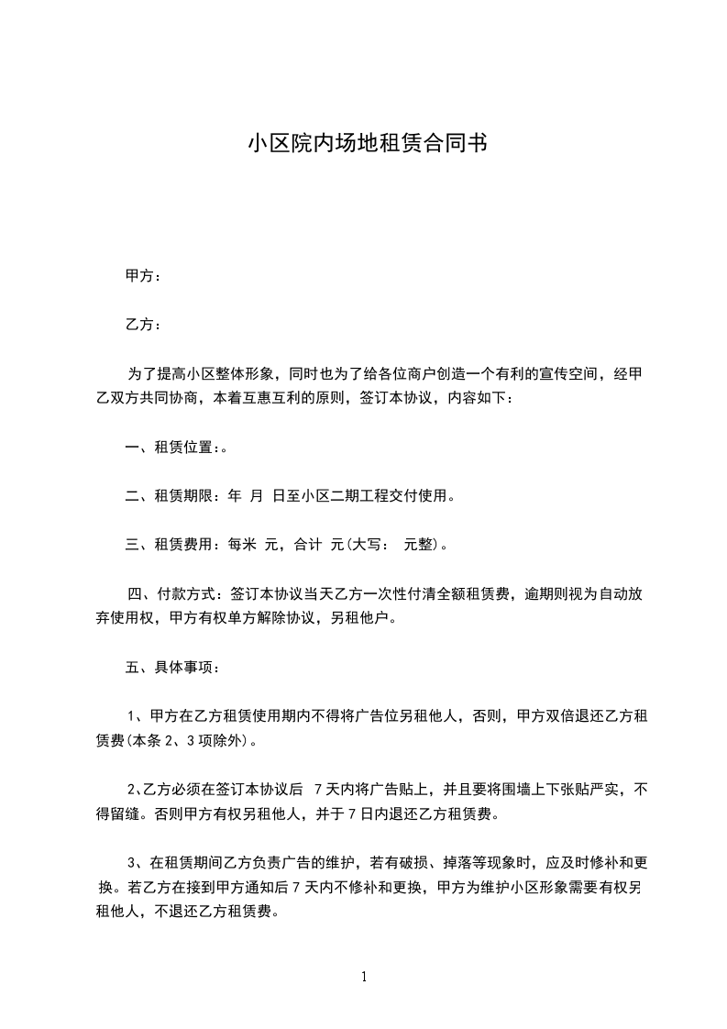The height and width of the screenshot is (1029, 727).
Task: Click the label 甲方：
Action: coord(143,277)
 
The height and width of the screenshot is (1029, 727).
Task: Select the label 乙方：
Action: coord(143,326)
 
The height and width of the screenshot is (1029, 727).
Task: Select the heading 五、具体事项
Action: coord(169,667)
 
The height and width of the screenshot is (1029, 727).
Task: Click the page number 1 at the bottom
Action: coord(364,977)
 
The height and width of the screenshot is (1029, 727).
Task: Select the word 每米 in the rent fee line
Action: coord(243,545)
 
